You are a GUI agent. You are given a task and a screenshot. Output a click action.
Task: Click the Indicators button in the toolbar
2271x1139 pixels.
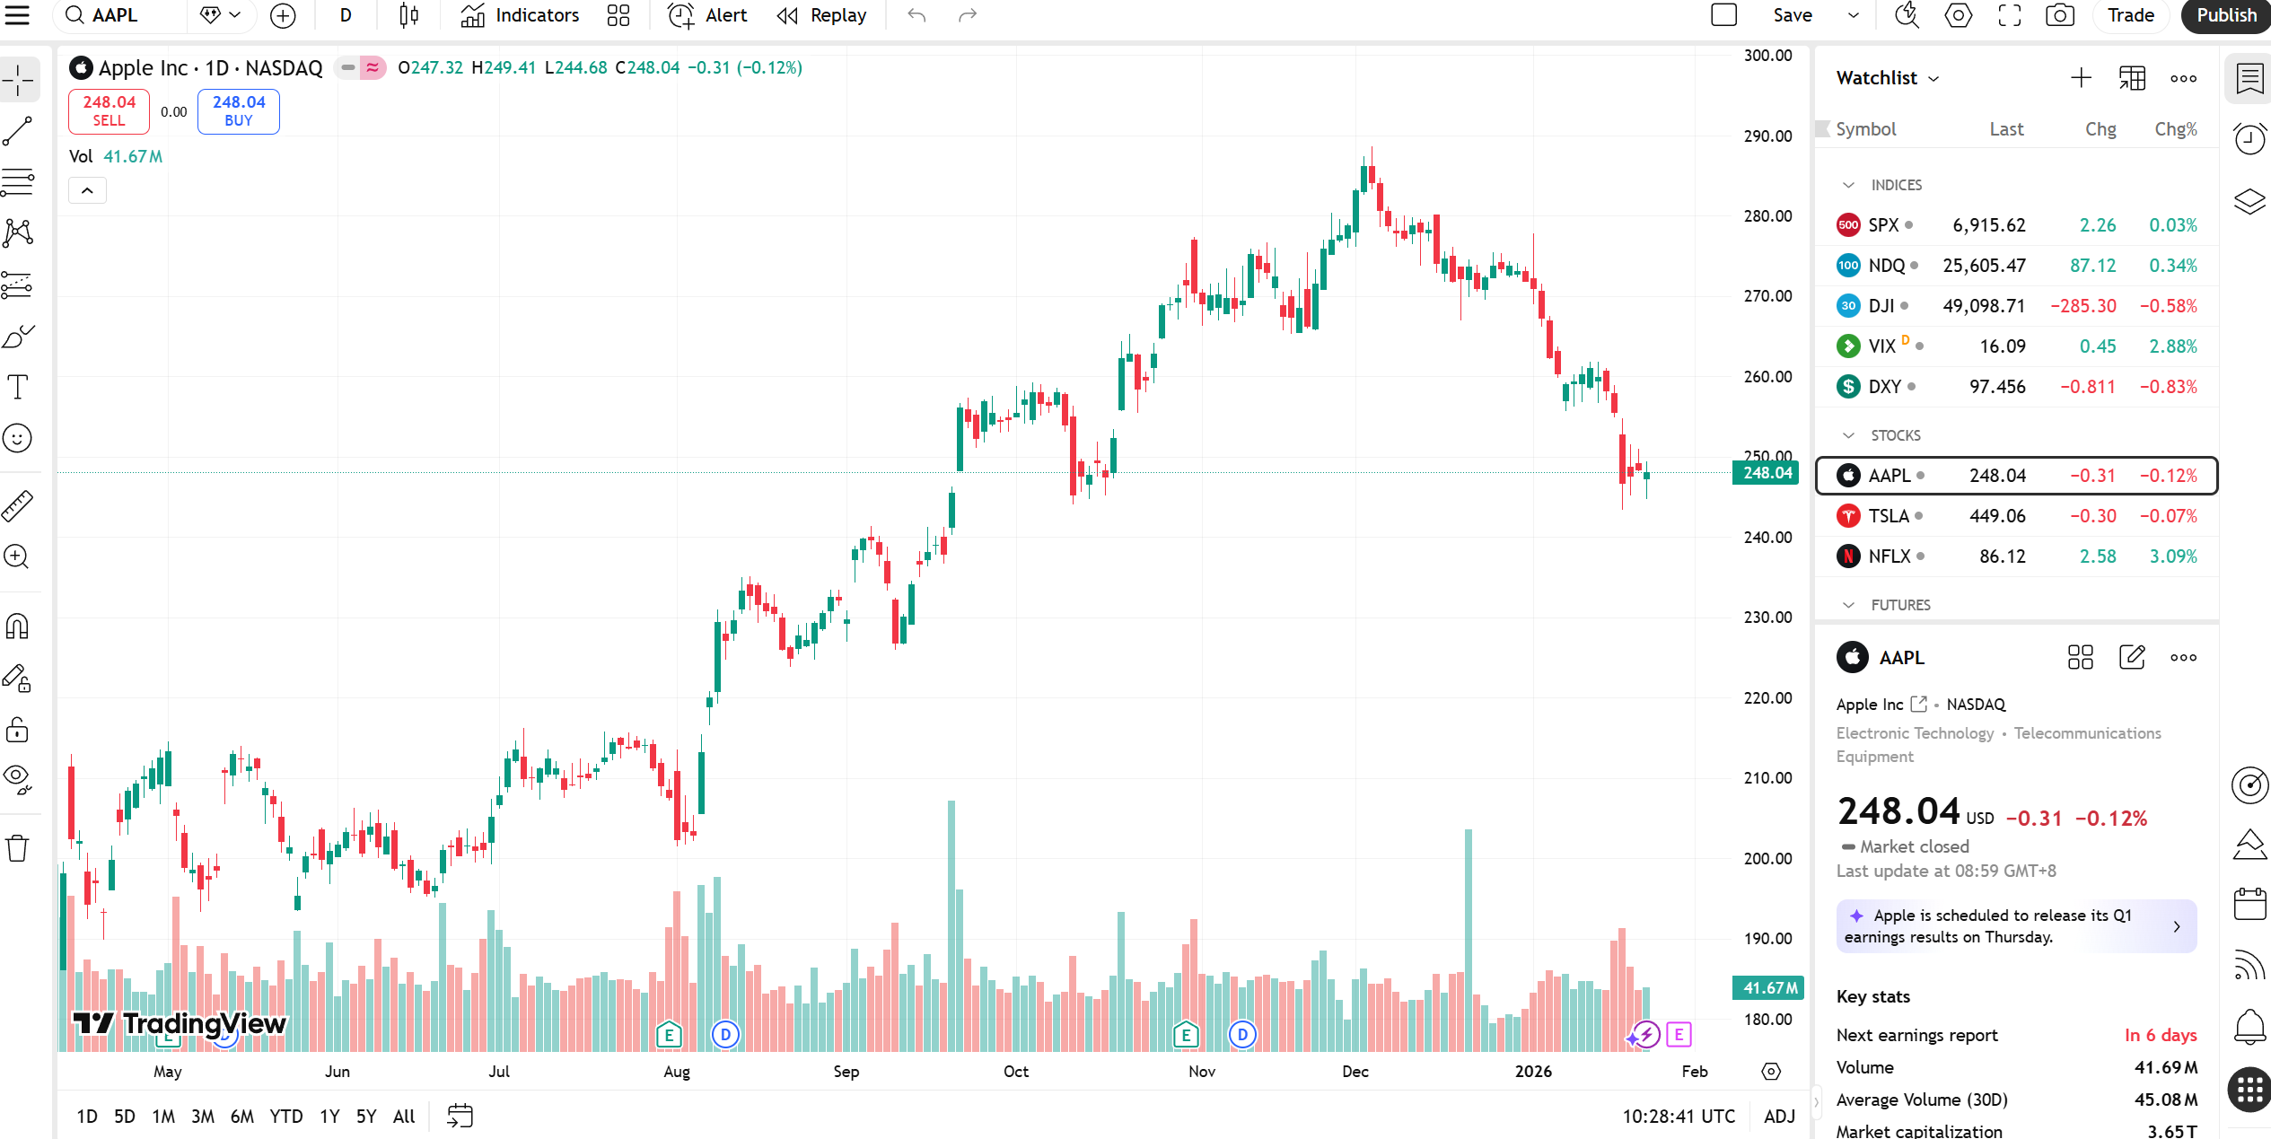520,15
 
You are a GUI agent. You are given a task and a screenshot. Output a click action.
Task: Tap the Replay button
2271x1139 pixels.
821,15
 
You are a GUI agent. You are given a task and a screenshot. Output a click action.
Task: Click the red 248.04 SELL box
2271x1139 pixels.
109,111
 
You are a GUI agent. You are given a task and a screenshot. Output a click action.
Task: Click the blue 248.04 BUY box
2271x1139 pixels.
238,111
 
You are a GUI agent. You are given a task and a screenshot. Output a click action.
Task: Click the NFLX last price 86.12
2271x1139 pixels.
2002,556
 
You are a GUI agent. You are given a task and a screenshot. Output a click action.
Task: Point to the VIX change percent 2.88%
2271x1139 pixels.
2172,346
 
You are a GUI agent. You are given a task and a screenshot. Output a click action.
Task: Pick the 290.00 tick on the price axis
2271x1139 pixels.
1767,136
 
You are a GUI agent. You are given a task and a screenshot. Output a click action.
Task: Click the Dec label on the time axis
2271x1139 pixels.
1355,1072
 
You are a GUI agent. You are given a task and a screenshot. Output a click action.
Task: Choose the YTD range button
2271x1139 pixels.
285,1117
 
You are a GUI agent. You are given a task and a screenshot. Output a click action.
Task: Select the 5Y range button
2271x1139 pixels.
365,1117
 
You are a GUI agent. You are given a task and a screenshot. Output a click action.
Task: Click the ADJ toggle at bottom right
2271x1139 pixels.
1778,1117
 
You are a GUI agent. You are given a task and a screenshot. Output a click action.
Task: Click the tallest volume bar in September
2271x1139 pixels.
951,924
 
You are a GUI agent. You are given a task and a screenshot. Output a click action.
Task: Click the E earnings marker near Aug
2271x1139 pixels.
669,1035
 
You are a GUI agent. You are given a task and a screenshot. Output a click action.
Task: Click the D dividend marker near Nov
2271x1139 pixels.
1242,1035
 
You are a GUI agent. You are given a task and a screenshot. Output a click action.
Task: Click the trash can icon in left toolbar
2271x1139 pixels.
17,848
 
